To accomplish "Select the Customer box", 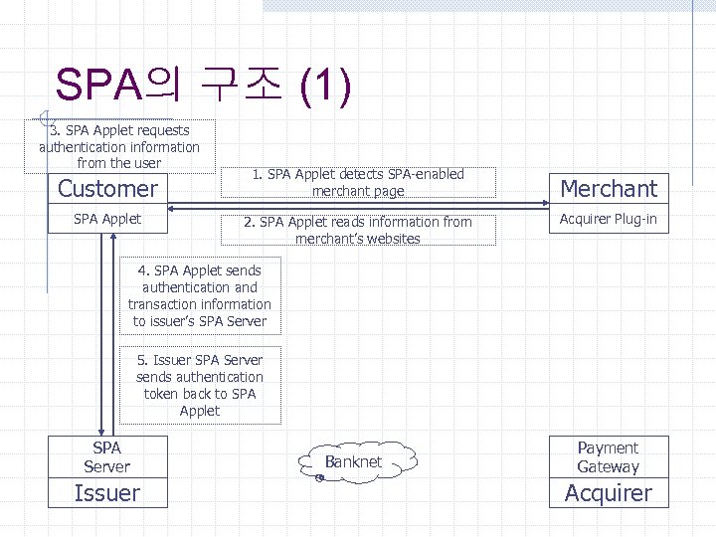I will coord(107,188).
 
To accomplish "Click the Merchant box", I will coord(609,188).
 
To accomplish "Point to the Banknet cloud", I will coord(353,461).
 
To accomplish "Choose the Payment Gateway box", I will coord(609,457).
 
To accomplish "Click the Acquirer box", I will coord(609,493).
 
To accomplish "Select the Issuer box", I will coord(107,493).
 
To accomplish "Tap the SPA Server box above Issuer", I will coord(107,457).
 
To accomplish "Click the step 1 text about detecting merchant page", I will coord(358,182).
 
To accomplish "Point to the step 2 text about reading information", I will coord(358,230).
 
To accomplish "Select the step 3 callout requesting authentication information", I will coord(119,145).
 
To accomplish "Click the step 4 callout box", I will coord(200,295).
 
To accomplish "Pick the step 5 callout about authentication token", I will coord(200,385).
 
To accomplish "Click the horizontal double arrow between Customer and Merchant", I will coord(358,207).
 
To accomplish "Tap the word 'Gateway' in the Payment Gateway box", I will coord(609,467).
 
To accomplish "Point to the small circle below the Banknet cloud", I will coord(319,478).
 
